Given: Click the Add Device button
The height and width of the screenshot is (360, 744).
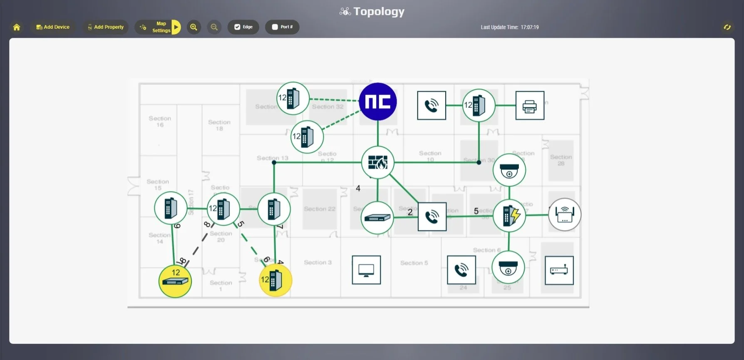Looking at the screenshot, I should (53, 27).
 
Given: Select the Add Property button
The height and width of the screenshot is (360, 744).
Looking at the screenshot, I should (106, 27).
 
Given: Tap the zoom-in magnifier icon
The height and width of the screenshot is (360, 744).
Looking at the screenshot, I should (193, 27).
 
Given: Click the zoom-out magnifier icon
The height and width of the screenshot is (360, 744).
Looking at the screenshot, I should (214, 27).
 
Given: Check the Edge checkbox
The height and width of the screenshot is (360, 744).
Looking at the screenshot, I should (237, 27).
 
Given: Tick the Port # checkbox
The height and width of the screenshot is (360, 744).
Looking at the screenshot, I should (275, 27).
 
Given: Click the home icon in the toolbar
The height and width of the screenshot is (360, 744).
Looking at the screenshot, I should (17, 27).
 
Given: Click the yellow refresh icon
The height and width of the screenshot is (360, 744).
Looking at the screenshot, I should (727, 27).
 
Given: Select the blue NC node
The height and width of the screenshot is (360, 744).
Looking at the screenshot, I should (378, 102).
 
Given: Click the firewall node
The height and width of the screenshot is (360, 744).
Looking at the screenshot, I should (378, 163).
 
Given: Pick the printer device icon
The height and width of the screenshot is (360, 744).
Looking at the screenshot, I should (530, 106).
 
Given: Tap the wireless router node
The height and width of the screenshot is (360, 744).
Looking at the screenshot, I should (565, 214).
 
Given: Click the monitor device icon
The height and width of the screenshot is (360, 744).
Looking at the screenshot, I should (366, 270).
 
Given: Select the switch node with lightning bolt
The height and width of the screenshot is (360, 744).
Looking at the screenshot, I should (509, 215).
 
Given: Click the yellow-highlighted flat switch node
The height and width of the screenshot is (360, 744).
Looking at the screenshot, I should (175, 281).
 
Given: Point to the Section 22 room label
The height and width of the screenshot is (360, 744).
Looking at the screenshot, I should (319, 209).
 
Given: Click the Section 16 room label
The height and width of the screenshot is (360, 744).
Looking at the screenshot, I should (160, 122).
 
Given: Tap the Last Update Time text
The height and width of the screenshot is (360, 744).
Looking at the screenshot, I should (509, 27).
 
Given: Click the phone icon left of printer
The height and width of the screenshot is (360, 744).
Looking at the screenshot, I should (432, 106).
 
